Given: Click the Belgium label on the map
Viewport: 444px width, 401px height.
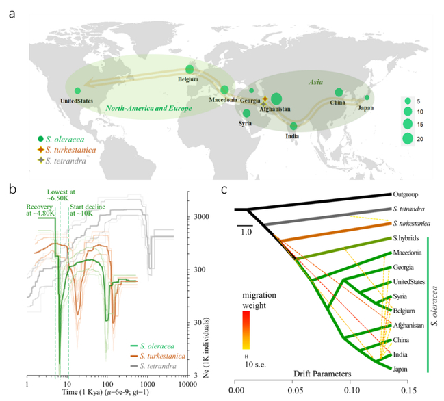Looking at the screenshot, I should pos(187,79).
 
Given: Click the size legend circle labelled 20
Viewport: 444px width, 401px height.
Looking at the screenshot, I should pos(407,139).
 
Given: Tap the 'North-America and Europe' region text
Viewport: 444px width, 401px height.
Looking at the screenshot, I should pos(141,109).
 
